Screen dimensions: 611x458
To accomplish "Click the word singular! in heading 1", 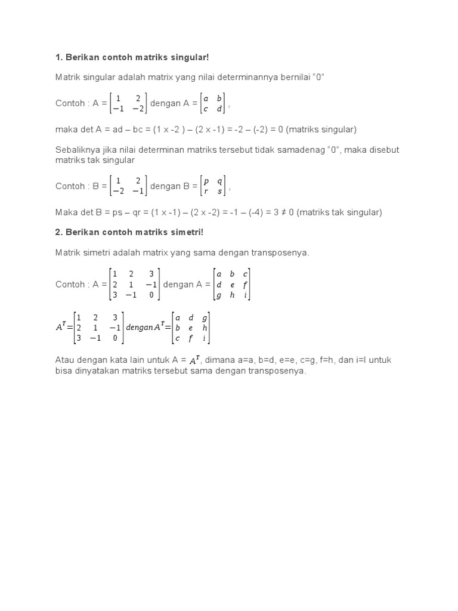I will [190, 57].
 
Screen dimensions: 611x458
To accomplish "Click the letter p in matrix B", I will [206, 181].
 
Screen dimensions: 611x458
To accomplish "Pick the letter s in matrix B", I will [220, 192].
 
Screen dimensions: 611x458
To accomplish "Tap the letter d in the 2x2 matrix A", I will [219, 109].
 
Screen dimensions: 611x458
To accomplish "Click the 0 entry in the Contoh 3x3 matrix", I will [151, 295].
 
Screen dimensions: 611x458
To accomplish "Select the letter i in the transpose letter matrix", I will [205, 339].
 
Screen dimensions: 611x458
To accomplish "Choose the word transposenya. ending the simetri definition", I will [282, 253].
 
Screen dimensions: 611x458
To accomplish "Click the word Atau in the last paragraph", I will [64, 360].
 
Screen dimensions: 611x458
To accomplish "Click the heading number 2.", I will [58, 232].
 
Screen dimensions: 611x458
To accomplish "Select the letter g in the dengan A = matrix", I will [219, 295].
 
